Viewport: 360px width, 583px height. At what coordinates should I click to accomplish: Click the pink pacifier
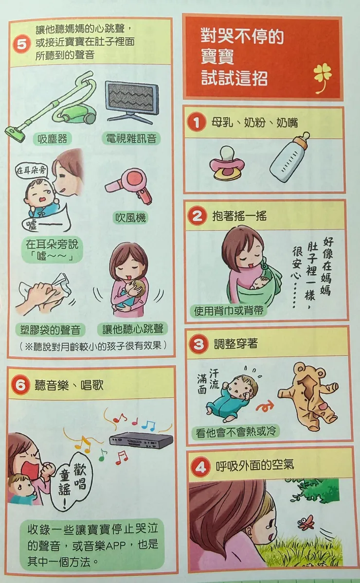coord(227,163)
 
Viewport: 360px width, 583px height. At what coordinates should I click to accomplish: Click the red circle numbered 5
coord(22,44)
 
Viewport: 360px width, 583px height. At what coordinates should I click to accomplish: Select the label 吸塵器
coord(52,139)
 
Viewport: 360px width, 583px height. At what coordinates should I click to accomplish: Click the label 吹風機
coord(130,217)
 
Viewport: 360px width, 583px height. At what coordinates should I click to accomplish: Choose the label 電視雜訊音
coord(131,139)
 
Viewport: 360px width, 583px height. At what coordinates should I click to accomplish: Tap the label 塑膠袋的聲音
coord(50,329)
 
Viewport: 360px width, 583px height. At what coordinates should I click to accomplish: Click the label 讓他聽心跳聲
coord(133,328)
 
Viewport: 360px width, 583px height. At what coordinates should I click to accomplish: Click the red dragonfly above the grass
coord(306,522)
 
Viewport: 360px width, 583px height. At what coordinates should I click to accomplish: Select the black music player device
coord(141,440)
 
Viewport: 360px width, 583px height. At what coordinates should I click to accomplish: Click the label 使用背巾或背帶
coord(229,310)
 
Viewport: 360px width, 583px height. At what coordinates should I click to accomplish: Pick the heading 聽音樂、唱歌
coord(69,385)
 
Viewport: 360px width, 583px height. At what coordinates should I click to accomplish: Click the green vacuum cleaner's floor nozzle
coord(16,133)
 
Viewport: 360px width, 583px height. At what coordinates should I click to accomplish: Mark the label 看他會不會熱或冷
coord(236,432)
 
